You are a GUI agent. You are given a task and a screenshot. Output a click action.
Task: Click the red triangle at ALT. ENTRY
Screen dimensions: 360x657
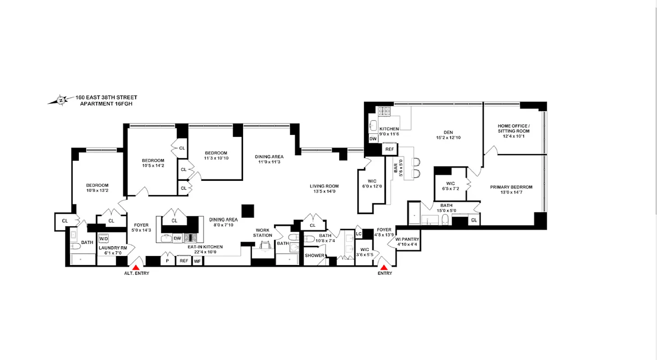click(x=135, y=268)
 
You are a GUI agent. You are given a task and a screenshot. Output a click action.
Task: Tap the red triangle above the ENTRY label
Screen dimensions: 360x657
click(x=384, y=268)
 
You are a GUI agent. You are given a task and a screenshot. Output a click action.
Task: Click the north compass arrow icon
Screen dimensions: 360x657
click(x=60, y=100)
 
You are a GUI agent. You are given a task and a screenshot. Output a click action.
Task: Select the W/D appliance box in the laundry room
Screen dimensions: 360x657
click(x=104, y=238)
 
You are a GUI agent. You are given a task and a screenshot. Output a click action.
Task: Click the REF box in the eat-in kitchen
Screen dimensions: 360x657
click(x=184, y=261)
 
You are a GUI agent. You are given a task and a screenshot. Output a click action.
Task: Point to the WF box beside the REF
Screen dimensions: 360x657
click(x=197, y=261)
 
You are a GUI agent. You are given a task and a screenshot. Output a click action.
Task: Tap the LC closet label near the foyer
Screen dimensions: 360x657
click(x=359, y=234)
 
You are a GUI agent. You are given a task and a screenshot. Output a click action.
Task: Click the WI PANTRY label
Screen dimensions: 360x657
click(x=408, y=239)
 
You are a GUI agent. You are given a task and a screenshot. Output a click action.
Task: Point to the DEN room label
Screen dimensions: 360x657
click(x=448, y=132)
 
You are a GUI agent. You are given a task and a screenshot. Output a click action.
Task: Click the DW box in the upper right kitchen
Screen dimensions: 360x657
click(x=373, y=139)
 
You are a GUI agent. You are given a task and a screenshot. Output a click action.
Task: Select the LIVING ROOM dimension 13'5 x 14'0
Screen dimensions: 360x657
click(x=324, y=192)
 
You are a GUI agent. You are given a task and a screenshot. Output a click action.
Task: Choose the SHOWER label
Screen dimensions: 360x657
click(x=314, y=255)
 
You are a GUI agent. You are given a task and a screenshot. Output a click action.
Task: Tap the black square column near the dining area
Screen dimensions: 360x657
click(x=247, y=211)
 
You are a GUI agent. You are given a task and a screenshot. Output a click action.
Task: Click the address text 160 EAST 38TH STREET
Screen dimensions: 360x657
click(x=106, y=97)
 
